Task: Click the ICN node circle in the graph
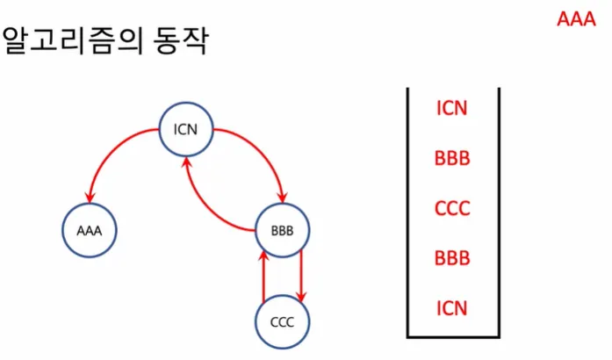[186, 132]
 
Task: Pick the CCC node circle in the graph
[281, 320]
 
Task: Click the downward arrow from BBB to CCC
[301, 276]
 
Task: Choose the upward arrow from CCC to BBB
[263, 276]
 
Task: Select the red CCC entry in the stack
[452, 209]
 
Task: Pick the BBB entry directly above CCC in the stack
[452, 159]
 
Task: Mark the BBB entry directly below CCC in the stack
[452, 259]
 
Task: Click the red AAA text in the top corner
[576, 19]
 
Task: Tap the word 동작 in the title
[180, 41]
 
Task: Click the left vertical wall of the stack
[408, 211]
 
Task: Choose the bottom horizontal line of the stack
[452, 336]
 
